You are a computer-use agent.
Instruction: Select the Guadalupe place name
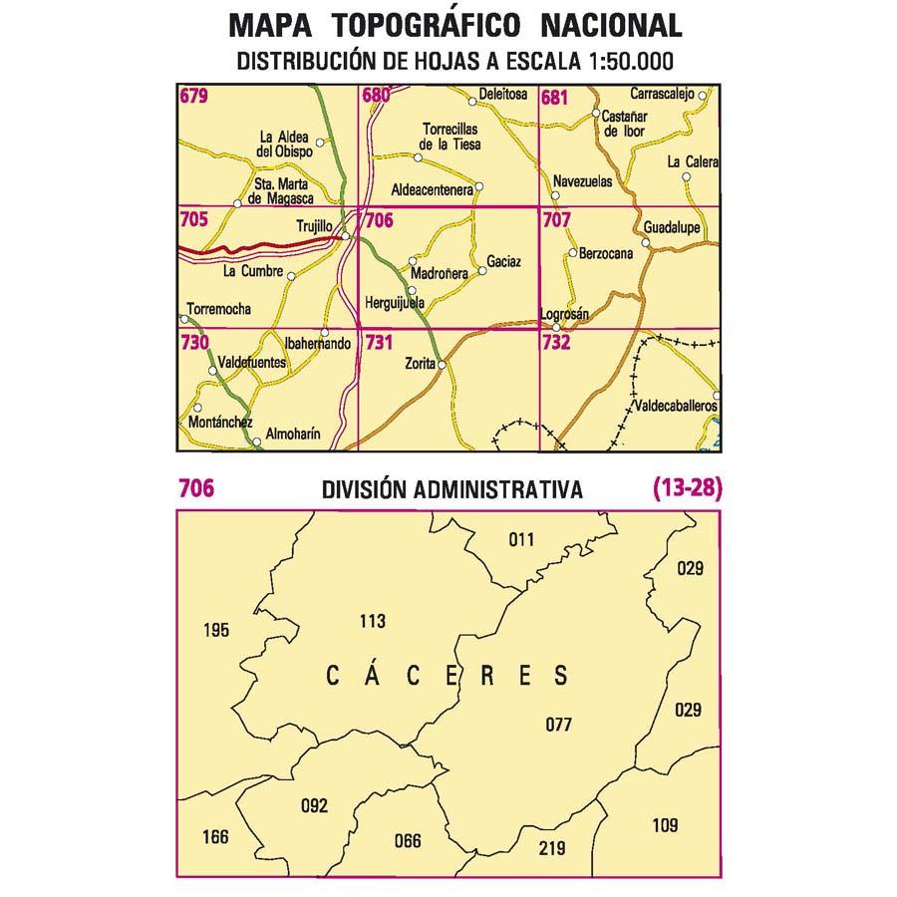coord(671,227)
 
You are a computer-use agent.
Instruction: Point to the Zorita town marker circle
coord(442,365)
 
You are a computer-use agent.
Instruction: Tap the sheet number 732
coord(556,343)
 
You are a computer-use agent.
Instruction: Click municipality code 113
coord(371,622)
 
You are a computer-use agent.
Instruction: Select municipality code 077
coord(558,725)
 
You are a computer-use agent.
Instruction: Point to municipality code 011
coord(521,540)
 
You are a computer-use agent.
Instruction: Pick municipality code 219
coord(551,848)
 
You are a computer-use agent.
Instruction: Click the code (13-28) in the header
coord(687,488)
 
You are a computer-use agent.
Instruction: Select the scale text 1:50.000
coord(624,60)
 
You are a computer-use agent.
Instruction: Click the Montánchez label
coord(217,423)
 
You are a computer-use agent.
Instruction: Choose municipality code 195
coord(215,629)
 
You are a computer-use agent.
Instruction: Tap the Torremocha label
coord(218,309)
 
